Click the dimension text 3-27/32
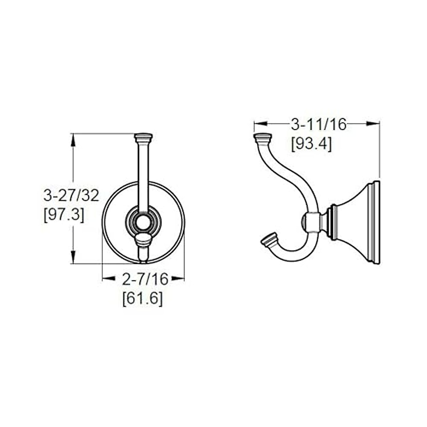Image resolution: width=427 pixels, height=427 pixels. pos(71,196)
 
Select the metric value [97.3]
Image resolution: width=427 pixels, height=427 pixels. pos(64,215)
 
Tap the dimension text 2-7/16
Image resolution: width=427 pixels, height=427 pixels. pos(145,279)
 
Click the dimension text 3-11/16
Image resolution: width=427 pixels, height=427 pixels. pos(318,125)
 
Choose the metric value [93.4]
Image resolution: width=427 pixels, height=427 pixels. pos(312,144)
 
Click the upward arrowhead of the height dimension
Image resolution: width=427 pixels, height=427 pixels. pos(73,139)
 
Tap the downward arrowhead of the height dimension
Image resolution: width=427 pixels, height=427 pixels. pos(73,257)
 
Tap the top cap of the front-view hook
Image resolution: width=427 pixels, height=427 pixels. pos(143,136)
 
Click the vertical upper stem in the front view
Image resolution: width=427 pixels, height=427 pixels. pos(143,174)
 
